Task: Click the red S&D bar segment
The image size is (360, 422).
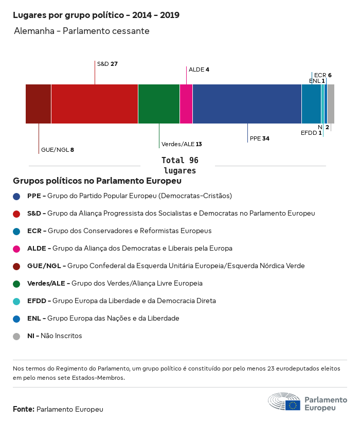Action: pos(95,104)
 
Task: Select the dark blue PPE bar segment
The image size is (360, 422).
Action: pos(247,104)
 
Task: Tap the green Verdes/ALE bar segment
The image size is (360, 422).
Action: pos(159,104)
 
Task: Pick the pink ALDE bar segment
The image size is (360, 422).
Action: pos(186,104)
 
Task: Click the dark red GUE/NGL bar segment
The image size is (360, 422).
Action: pos(39,104)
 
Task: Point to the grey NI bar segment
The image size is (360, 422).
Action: pos(331,104)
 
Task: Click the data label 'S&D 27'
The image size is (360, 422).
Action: pos(107,64)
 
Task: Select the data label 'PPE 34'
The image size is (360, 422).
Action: pos(259,138)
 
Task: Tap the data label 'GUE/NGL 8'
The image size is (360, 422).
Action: pos(57,150)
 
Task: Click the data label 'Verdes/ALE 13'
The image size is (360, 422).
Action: pos(182,144)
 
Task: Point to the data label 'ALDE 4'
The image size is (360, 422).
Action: pos(199,69)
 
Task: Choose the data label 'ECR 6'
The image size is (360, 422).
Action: pos(322,75)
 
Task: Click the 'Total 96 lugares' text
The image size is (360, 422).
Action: pos(179,165)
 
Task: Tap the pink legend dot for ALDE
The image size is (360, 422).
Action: pos(17,249)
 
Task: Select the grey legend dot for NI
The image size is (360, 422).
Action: pos(17,336)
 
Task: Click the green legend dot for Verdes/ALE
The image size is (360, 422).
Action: pos(17,284)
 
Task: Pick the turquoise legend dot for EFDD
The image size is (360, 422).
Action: pos(17,301)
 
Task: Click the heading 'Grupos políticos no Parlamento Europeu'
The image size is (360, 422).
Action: pos(97,181)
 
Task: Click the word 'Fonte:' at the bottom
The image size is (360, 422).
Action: pos(24,409)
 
